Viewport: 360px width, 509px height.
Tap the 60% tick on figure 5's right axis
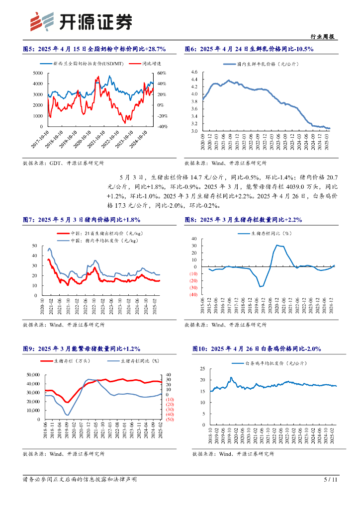[x=162, y=73]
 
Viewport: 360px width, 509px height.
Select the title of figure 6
[x=249, y=49]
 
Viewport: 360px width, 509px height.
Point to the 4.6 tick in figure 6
[x=194, y=73]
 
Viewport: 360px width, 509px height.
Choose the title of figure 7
[x=82, y=219]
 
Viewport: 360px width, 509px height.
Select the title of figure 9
[x=82, y=362]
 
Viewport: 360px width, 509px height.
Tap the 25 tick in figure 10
[x=201, y=369]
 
